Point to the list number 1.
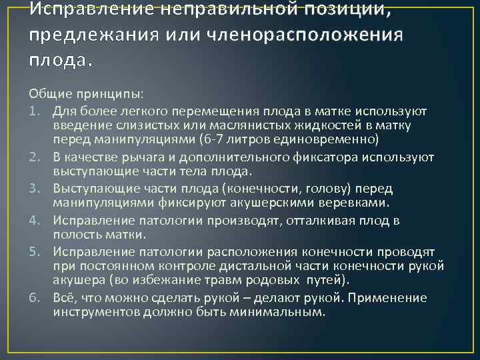pyautogui.click(x=33, y=110)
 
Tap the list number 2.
pyautogui.click(x=33, y=157)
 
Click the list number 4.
pyautogui.click(x=33, y=219)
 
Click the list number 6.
pyautogui.click(x=33, y=297)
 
